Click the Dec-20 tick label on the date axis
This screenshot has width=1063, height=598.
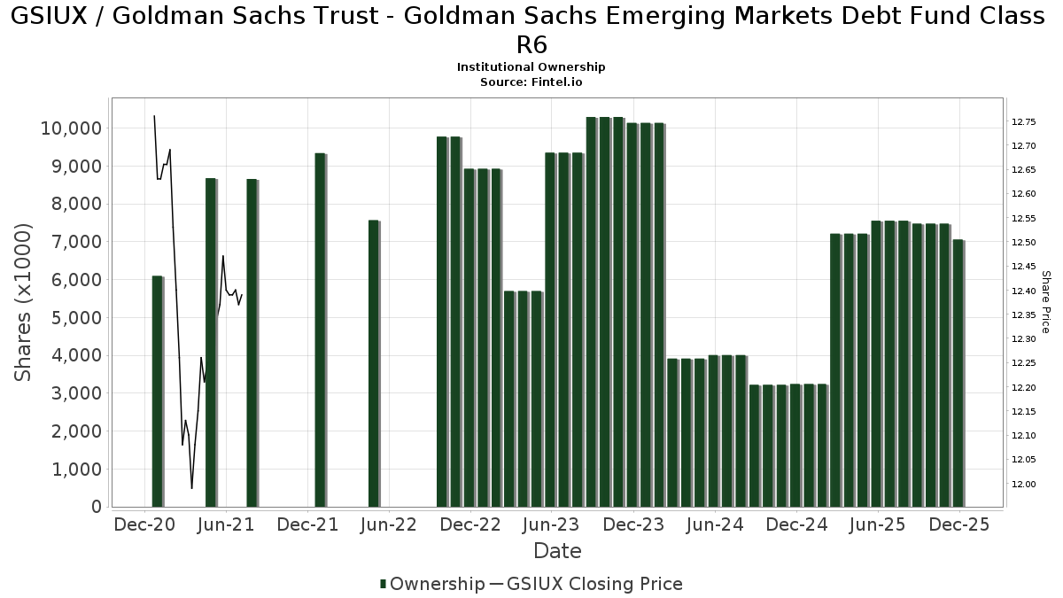tap(144, 524)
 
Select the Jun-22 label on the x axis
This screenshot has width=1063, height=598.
tap(389, 524)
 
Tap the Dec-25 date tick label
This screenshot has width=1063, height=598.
tap(959, 524)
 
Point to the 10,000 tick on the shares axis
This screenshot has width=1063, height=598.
tap(71, 128)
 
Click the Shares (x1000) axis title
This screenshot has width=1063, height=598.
tap(24, 302)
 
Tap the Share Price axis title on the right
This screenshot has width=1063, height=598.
tap(1045, 302)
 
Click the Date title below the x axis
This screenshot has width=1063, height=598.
tap(557, 551)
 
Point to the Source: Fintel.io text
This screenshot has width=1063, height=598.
tap(531, 82)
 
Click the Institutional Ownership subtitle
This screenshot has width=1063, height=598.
tap(531, 67)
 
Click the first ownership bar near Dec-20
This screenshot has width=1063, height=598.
tap(158, 391)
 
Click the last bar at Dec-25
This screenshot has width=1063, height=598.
tap(958, 373)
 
